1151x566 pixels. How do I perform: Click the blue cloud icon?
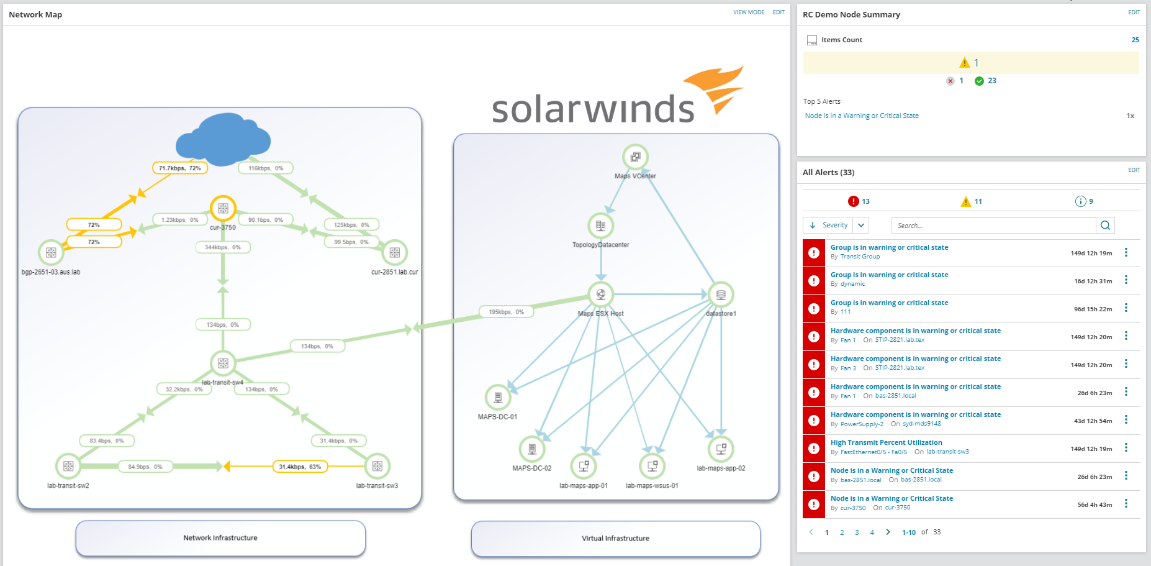point(223,137)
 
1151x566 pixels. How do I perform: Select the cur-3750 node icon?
point(223,208)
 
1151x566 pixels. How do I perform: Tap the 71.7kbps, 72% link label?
point(179,168)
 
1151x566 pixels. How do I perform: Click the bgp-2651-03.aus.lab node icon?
point(51,253)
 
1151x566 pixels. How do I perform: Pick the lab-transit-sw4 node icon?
point(223,363)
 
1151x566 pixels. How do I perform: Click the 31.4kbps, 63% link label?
point(300,467)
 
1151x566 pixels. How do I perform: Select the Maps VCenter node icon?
point(635,157)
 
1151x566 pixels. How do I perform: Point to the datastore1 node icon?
point(721,294)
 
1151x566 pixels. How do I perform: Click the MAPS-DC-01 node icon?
point(498,397)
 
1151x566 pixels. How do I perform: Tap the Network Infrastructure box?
point(220,538)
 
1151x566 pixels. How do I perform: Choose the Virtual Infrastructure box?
point(615,539)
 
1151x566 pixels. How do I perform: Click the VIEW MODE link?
point(749,12)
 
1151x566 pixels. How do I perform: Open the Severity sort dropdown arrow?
point(861,226)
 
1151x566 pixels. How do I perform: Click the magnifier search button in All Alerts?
point(1105,226)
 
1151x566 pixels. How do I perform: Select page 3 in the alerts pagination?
point(857,532)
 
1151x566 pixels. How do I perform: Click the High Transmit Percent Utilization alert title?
point(886,442)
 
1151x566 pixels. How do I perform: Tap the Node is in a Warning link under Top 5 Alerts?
point(862,116)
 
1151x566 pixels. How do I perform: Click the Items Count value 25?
point(1135,40)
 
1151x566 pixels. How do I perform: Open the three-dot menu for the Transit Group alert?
point(1126,253)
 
